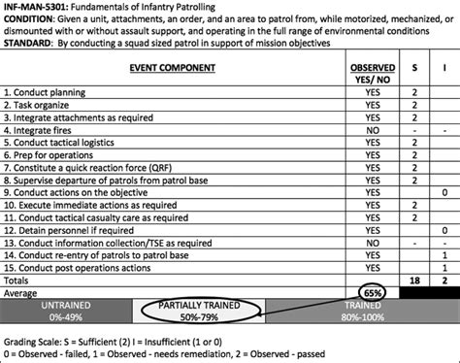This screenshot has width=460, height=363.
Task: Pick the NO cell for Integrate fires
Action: pos(372,128)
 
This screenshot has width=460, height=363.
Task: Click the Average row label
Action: pos(23,292)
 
